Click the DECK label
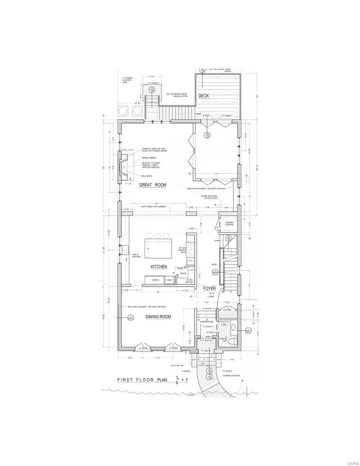204,96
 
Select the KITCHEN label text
159,267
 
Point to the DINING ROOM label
159,317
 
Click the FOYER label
210,288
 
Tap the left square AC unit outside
124,111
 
